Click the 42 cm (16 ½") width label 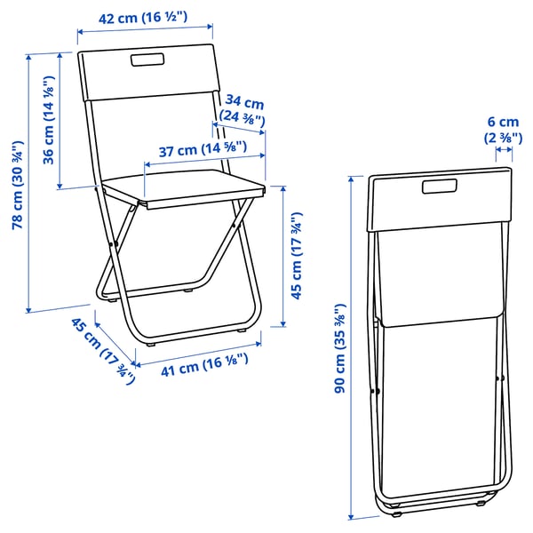[145, 16]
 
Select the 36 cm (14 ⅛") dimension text [50, 123]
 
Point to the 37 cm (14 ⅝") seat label [203, 150]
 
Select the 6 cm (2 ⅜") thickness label [502, 130]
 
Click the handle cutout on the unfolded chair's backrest [148, 61]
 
